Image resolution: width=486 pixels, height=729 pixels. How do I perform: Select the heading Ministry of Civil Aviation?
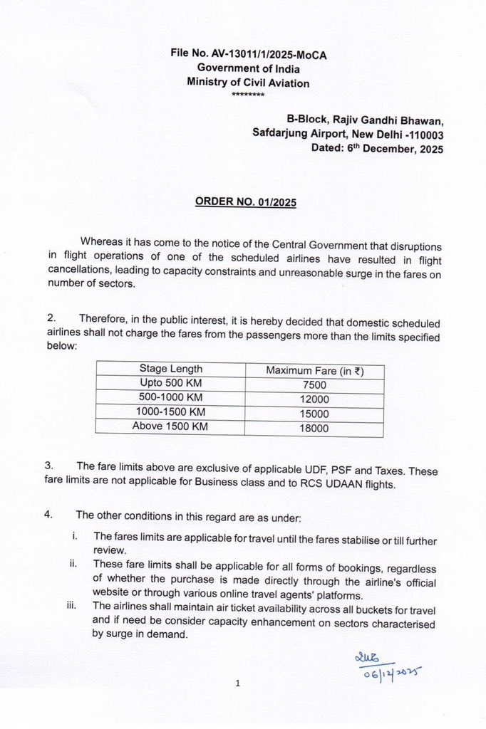(248, 83)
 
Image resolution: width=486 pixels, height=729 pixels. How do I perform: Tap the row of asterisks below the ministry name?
(248, 95)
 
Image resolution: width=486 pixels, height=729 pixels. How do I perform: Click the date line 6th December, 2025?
(377, 149)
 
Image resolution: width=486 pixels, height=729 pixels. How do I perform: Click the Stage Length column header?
(170, 369)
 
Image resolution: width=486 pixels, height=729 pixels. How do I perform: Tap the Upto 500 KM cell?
(170, 383)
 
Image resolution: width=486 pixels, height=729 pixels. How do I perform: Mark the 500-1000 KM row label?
(170, 397)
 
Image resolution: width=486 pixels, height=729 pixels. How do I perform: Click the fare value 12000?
(314, 399)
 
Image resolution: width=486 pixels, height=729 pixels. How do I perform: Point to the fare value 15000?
(314, 414)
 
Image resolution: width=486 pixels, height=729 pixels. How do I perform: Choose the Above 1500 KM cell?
(170, 426)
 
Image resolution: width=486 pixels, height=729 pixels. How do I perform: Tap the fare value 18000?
(314, 429)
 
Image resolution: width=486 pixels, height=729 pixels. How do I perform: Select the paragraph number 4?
(48, 515)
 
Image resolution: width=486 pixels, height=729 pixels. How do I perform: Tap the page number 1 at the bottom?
(238, 685)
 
